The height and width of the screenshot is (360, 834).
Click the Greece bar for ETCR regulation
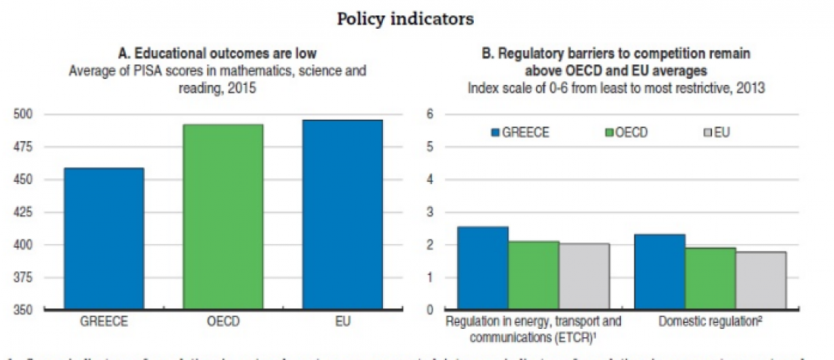(483, 268)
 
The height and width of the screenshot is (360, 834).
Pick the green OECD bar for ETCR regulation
(534, 276)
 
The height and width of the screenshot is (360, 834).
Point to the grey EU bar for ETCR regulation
(585, 277)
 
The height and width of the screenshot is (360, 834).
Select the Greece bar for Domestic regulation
(660, 272)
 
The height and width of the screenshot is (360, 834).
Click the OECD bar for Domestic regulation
(710, 279)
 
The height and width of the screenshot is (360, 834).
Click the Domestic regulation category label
(710, 321)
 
